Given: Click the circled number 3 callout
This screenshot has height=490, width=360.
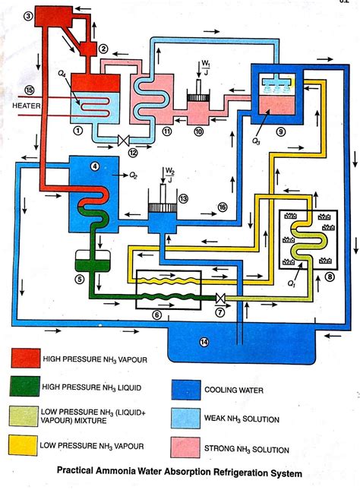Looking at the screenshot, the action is click(x=29, y=16).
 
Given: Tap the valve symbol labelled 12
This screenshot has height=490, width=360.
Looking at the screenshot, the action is click(x=124, y=141).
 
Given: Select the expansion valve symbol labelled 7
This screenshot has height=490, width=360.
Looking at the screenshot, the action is click(x=220, y=299).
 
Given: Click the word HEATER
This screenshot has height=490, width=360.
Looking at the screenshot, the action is click(x=27, y=106).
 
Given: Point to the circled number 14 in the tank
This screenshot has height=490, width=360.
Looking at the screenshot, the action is click(x=204, y=342).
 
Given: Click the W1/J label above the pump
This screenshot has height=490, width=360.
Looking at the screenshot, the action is click(x=205, y=68).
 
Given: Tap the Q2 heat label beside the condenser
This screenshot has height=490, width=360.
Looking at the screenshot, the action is click(x=133, y=176).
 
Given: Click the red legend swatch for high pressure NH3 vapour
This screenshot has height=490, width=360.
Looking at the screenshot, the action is click(x=25, y=358).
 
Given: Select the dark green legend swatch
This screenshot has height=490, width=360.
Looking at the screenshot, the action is click(x=25, y=386).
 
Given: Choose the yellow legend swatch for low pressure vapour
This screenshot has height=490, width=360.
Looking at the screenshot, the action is click(x=23, y=445).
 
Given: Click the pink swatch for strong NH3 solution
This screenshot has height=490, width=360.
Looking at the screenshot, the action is click(x=185, y=447).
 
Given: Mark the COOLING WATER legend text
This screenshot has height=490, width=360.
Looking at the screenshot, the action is click(x=234, y=390).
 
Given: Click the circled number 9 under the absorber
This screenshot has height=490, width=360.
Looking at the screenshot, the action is click(x=280, y=132).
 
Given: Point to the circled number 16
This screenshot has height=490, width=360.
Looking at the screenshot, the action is click(x=223, y=207).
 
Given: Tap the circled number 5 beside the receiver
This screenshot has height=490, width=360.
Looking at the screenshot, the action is click(x=80, y=279).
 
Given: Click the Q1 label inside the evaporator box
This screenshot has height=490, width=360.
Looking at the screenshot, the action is click(x=291, y=284).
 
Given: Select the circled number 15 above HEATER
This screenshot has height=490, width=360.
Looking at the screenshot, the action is click(x=30, y=90).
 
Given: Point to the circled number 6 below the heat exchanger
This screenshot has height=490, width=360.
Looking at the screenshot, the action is click(x=157, y=315).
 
